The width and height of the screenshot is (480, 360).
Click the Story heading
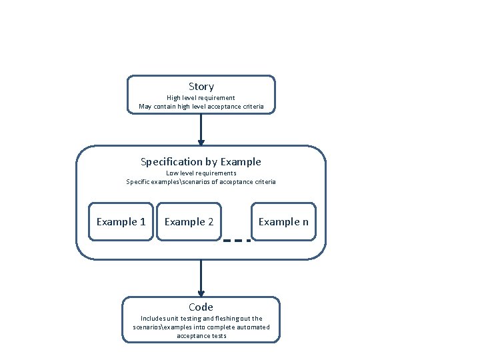pyautogui.click(x=201, y=87)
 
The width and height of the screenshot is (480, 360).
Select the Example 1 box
pyautogui.click(x=121, y=221)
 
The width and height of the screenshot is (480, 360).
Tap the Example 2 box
pyautogui.click(x=189, y=221)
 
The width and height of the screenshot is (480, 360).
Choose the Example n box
pyautogui.click(x=283, y=221)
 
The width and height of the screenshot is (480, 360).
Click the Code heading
pyautogui.click(x=201, y=307)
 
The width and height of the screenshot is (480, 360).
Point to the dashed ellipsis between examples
pyautogui.click(x=237, y=241)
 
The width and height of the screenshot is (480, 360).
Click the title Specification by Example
pyautogui.click(x=201, y=162)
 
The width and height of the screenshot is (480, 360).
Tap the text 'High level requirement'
pyautogui.click(x=201, y=98)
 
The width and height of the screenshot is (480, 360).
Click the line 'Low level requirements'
pyautogui.click(x=201, y=173)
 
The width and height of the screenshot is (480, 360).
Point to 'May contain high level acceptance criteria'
pyautogui.click(x=201, y=107)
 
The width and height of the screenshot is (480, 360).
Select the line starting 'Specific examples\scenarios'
pyautogui.click(x=201, y=182)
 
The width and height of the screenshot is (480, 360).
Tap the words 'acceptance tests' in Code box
pyautogui.click(x=201, y=336)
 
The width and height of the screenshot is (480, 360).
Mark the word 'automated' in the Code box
pyautogui.click(x=254, y=327)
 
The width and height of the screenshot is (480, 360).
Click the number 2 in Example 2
pyautogui.click(x=210, y=221)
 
